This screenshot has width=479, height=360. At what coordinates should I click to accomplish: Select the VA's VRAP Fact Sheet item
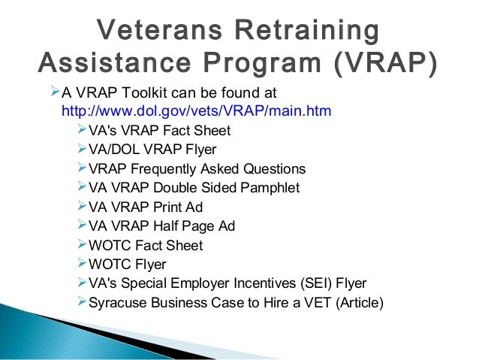click(159, 131)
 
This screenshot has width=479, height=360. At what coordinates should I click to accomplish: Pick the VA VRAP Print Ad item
click(146, 207)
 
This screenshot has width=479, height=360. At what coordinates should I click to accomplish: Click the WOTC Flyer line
click(128, 265)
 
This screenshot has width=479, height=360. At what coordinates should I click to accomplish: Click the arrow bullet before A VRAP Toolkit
click(53, 92)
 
